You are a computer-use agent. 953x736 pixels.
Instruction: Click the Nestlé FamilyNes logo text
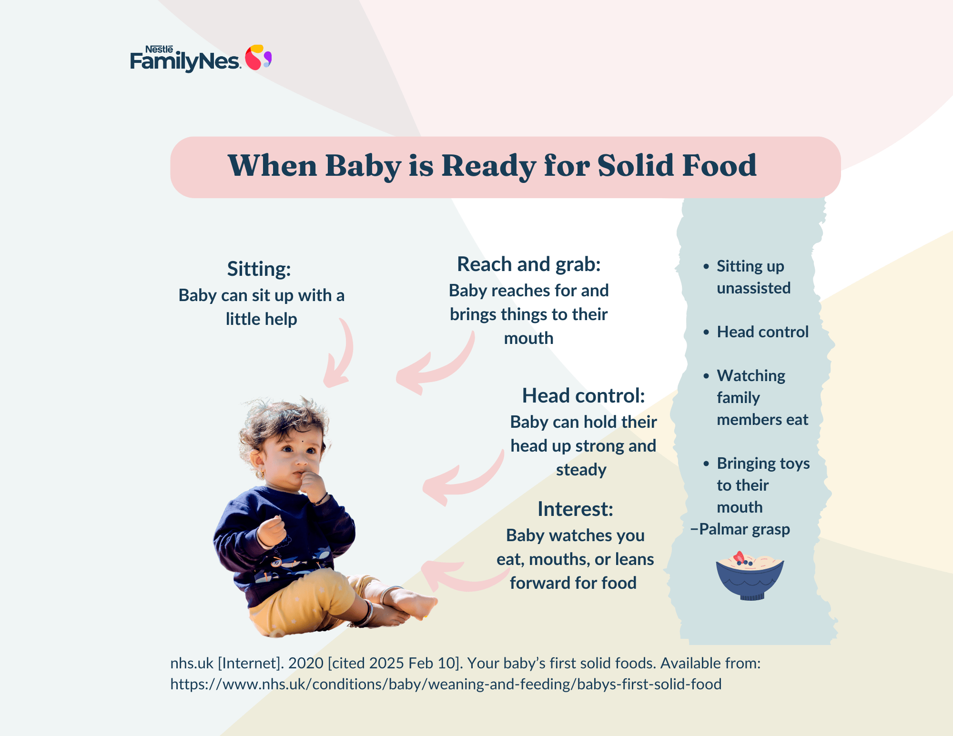(x=185, y=59)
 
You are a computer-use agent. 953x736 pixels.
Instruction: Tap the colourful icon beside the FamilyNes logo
(x=258, y=58)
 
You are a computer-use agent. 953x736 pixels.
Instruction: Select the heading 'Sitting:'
(x=259, y=269)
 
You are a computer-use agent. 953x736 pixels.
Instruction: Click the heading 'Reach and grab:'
(x=529, y=264)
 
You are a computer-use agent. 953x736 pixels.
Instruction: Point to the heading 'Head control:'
(x=583, y=395)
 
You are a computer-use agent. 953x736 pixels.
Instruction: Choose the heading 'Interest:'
(x=575, y=509)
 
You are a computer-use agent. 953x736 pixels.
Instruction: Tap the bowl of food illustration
(x=750, y=576)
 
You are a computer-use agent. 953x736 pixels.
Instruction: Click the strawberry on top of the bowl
(x=739, y=556)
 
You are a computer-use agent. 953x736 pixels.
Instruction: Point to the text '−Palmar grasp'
(x=740, y=529)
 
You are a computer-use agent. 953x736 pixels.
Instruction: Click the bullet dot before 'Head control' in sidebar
(x=706, y=332)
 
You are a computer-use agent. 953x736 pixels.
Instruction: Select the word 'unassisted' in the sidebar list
(x=753, y=288)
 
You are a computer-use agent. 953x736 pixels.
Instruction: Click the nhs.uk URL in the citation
(x=446, y=684)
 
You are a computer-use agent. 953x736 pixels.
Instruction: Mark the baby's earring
(x=261, y=474)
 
